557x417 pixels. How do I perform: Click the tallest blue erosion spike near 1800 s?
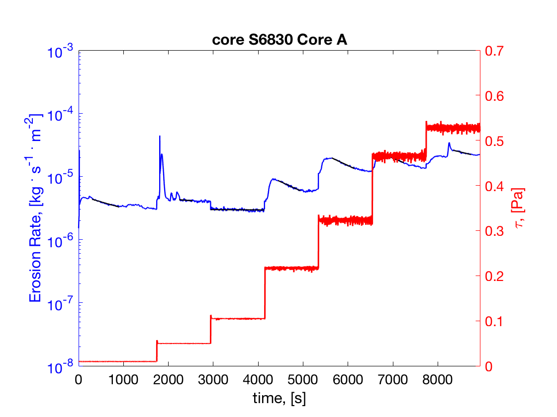tap(160, 137)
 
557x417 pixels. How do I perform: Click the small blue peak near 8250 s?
tap(449, 143)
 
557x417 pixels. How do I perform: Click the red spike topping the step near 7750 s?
tap(426, 122)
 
